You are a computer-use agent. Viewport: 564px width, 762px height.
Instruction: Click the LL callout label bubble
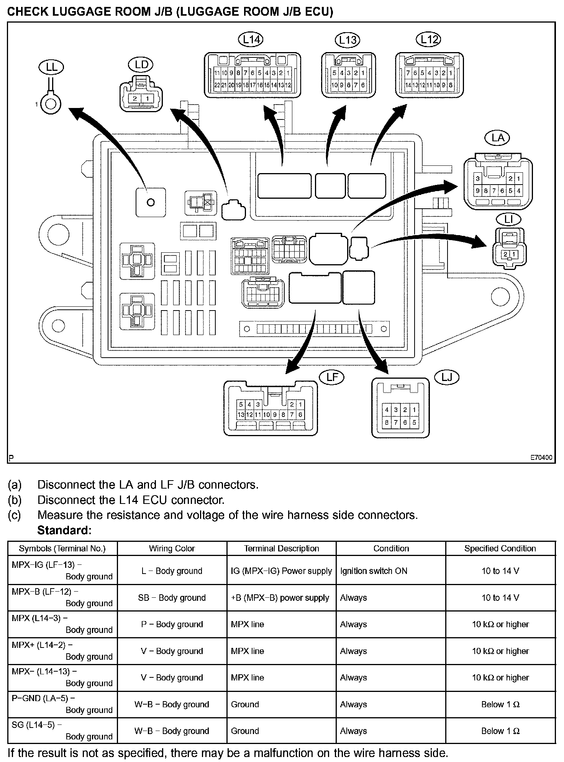[x=51, y=67]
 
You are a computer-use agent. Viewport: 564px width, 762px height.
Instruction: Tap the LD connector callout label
[x=141, y=65]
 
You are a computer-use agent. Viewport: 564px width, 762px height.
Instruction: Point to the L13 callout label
[x=348, y=40]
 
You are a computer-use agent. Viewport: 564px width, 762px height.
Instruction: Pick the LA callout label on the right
[x=497, y=138]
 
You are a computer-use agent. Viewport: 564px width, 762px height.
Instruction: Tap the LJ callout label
[x=447, y=378]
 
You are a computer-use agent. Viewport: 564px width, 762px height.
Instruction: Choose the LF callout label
[x=332, y=377]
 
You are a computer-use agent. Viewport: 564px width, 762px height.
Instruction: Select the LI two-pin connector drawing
[x=509, y=247]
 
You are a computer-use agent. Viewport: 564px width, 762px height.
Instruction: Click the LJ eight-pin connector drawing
[x=400, y=408]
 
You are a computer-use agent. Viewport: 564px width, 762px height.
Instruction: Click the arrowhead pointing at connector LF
[x=293, y=366]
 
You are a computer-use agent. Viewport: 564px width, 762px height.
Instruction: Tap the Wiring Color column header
[x=172, y=548]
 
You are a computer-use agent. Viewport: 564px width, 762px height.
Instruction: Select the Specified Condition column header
[x=500, y=548]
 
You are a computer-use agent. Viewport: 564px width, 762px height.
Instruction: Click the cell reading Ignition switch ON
[x=374, y=571]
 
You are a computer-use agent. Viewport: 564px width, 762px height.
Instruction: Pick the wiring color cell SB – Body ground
[x=172, y=598]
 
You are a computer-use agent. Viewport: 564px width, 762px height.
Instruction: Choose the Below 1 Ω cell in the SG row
[x=500, y=731]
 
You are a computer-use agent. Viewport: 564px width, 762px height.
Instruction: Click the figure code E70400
[x=541, y=458]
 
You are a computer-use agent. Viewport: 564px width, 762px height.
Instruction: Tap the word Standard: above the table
[x=64, y=530]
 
